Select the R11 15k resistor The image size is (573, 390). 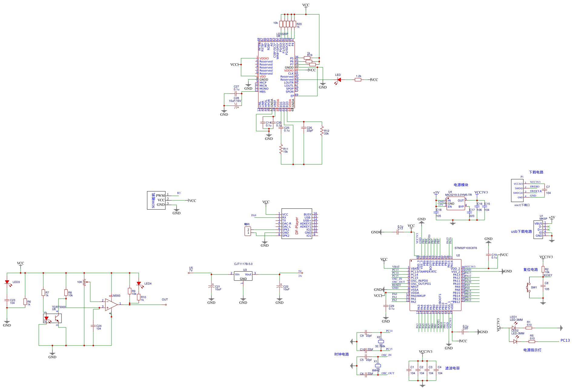click(x=281, y=149)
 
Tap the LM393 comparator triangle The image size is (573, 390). click(x=111, y=304)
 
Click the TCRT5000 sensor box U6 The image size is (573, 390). click(x=52, y=318)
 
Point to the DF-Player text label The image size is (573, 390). click(x=297, y=226)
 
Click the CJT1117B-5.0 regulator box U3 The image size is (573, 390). click(x=243, y=276)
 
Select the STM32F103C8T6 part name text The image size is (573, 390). click(x=465, y=248)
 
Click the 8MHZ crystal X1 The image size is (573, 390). click(x=378, y=366)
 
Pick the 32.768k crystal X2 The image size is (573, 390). click(x=381, y=341)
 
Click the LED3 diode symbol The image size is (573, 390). click(x=7, y=282)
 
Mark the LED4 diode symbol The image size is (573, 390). click(x=139, y=284)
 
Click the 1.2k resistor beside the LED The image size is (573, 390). click(x=358, y=80)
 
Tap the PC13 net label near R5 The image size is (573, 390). click(x=565, y=340)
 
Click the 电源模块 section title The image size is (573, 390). click(x=461, y=185)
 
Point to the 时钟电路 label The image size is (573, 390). click(x=341, y=354)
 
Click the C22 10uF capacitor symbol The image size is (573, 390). click(x=280, y=287)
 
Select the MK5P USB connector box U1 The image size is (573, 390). click(x=538, y=229)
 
